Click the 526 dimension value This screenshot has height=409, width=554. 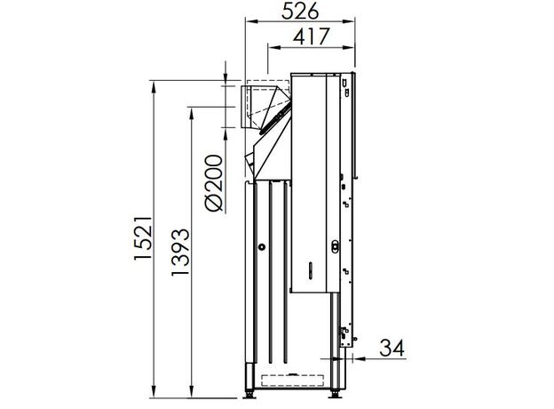pos(300,11)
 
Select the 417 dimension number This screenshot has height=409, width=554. pos(312,36)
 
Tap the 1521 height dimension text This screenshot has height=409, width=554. pos(143,238)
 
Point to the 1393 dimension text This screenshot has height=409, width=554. pos(180,253)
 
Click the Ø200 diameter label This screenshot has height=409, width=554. pos(214,183)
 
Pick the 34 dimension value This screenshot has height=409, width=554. pos(392,348)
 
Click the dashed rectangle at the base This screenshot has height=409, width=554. pos(293,380)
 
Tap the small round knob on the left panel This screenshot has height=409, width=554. pos(261,247)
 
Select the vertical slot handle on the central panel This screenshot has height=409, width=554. pos(311,270)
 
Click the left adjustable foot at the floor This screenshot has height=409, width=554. pos(249,393)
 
